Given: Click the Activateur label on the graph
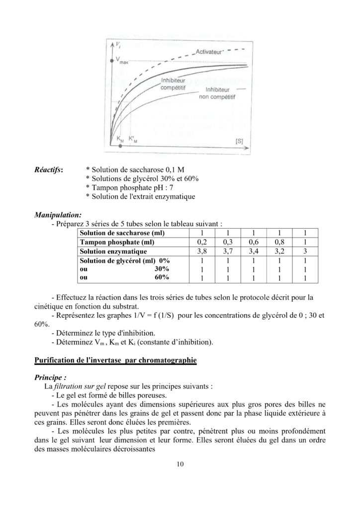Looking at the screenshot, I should [208, 51].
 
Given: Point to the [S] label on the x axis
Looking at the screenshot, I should [239, 141].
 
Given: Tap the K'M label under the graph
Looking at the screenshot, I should [133, 140].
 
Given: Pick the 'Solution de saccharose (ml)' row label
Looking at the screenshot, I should [122, 233].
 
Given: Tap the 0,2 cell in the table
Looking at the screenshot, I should [202, 242].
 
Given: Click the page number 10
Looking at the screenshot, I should [180, 465].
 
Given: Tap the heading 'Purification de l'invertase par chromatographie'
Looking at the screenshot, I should [115, 359].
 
